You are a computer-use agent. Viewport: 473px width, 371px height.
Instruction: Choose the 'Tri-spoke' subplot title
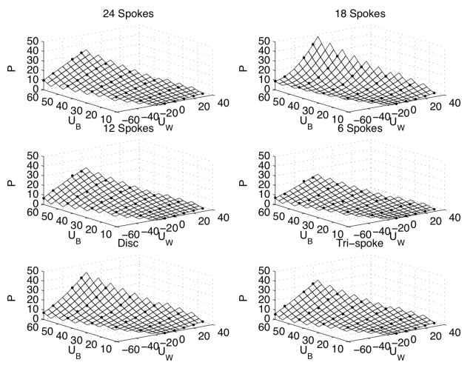[359, 243]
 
